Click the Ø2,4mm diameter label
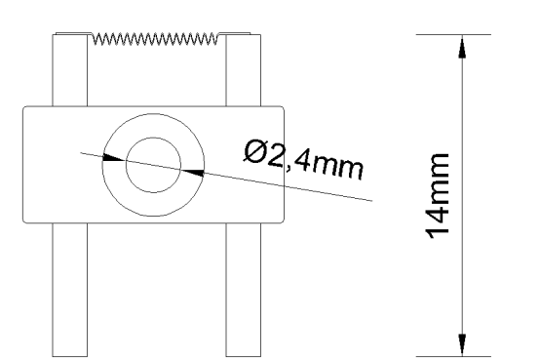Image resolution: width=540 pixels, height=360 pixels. [x=303, y=159]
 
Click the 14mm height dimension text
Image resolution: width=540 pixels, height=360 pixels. [x=438, y=196]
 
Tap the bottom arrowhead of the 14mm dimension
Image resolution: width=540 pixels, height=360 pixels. [x=462, y=344]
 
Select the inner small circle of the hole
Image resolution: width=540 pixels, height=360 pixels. [x=153, y=138]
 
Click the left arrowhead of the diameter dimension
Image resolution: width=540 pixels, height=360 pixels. [x=113, y=158]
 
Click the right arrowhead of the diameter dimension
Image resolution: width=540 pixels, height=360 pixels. [x=192, y=173]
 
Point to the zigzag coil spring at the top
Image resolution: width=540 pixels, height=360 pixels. [x=155, y=39]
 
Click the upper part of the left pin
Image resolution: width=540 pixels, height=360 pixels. [x=70, y=70]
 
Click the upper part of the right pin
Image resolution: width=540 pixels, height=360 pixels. [x=243, y=70]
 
